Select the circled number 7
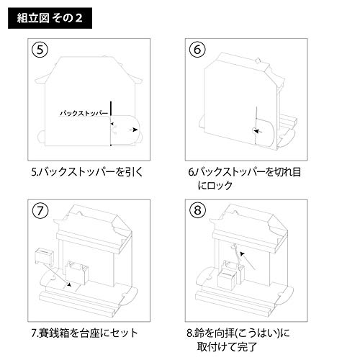45,214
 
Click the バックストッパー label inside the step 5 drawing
84,114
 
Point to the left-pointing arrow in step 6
256,131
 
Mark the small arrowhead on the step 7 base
68,286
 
